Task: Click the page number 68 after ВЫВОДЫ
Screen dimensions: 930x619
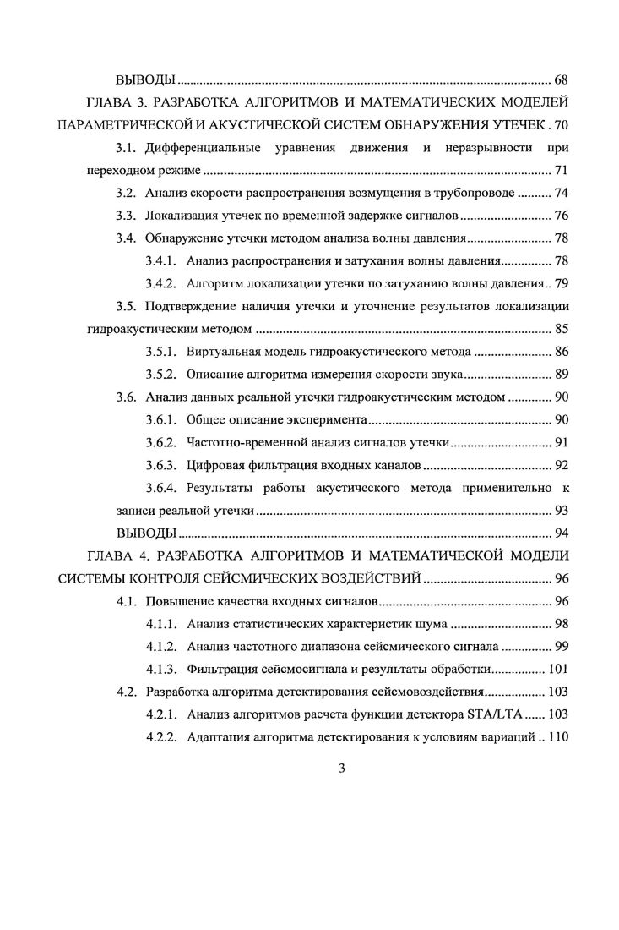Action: pos(561,80)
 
